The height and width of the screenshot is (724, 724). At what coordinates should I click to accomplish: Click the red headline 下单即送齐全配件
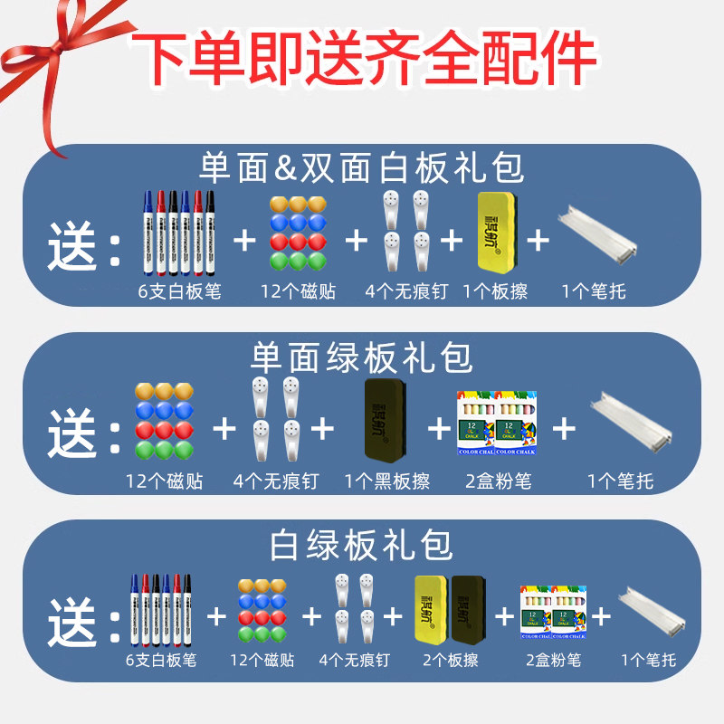(362, 61)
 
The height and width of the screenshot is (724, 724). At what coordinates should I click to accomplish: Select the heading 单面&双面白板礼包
(362, 168)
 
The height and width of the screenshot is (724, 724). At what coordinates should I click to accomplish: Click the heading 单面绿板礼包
(362, 358)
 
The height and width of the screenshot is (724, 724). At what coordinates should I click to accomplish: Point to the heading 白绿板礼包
(362, 546)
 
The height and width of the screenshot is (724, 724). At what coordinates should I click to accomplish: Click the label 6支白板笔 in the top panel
(177, 291)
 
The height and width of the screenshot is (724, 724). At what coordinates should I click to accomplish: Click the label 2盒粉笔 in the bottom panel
(554, 661)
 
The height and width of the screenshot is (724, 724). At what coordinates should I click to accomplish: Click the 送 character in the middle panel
(72, 433)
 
